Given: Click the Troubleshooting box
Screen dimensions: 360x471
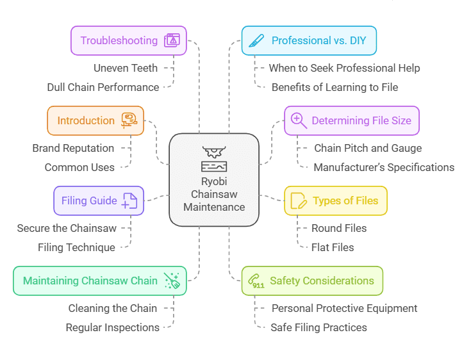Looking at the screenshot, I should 128,40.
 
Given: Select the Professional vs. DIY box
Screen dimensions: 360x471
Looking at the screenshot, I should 308,40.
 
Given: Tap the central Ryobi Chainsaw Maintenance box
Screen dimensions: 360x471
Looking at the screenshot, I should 214,180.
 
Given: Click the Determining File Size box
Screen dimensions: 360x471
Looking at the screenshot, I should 352,120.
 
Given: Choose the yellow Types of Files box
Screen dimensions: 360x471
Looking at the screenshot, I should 336,200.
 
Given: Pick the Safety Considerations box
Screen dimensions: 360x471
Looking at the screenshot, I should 312,281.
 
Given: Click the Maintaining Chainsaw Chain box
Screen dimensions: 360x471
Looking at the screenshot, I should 100,281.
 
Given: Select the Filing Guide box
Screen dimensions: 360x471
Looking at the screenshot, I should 99,200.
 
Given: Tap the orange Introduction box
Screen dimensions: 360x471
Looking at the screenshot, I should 95,120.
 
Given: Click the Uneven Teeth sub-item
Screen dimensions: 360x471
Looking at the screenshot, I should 126,67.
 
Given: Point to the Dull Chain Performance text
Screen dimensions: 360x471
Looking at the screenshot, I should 103,87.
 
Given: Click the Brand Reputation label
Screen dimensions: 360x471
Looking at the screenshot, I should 73,148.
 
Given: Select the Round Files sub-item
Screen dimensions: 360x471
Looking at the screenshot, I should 339,228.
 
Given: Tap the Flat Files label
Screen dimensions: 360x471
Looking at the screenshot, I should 333,247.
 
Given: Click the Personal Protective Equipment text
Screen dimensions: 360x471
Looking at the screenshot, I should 344,308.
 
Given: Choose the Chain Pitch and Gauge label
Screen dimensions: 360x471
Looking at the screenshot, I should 368,148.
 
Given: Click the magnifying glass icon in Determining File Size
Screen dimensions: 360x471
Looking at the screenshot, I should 299,120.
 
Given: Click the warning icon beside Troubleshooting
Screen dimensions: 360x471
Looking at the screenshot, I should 172,40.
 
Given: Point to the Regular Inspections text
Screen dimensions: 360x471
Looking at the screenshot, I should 113,327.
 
